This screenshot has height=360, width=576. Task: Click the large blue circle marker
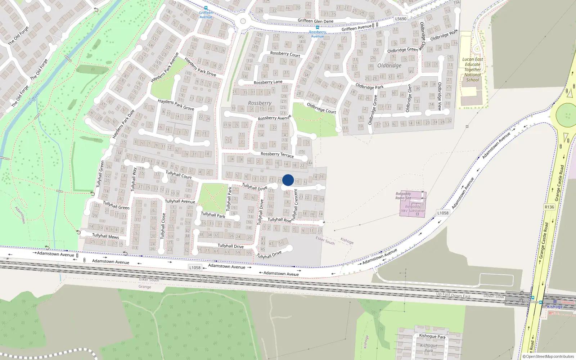point(288,180)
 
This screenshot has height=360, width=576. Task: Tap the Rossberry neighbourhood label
point(260,103)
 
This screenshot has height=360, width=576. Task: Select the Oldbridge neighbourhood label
point(389,66)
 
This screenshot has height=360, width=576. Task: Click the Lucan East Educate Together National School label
point(473,69)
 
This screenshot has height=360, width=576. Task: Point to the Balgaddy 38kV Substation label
point(413,209)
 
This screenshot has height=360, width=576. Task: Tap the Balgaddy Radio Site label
point(403,196)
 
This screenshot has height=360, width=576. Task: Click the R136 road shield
point(549,207)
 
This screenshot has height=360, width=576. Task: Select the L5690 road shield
point(401,19)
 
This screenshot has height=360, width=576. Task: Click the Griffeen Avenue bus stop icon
point(206,8)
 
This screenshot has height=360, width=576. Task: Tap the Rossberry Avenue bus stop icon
point(317,27)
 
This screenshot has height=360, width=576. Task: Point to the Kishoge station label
point(554,307)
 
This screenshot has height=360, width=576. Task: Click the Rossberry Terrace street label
point(277,154)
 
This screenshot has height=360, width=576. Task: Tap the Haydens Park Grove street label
point(176,105)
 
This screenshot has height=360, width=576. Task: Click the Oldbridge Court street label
point(321,108)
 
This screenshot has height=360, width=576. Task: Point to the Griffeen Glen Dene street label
point(315,21)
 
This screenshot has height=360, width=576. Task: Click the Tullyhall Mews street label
point(105,236)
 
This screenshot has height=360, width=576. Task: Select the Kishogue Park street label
point(432,336)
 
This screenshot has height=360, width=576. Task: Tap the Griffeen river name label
point(34,98)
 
